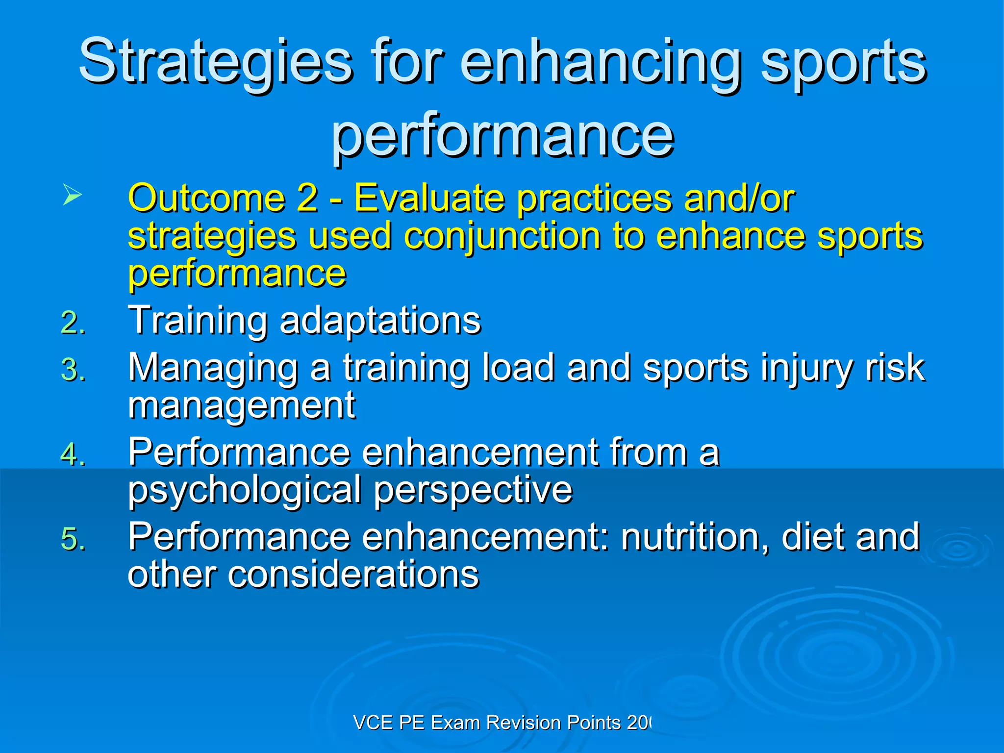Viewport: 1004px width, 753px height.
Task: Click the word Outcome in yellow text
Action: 206,198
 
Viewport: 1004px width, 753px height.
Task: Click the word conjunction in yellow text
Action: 502,236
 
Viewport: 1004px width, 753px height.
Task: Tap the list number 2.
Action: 73,323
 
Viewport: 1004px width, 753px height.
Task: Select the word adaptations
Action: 380,321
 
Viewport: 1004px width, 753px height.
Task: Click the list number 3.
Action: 73,370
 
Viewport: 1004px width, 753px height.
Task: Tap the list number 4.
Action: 73,454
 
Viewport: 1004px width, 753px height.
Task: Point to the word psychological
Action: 244,490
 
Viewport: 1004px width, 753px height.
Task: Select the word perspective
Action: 473,490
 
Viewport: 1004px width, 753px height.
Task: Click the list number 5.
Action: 73,539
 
